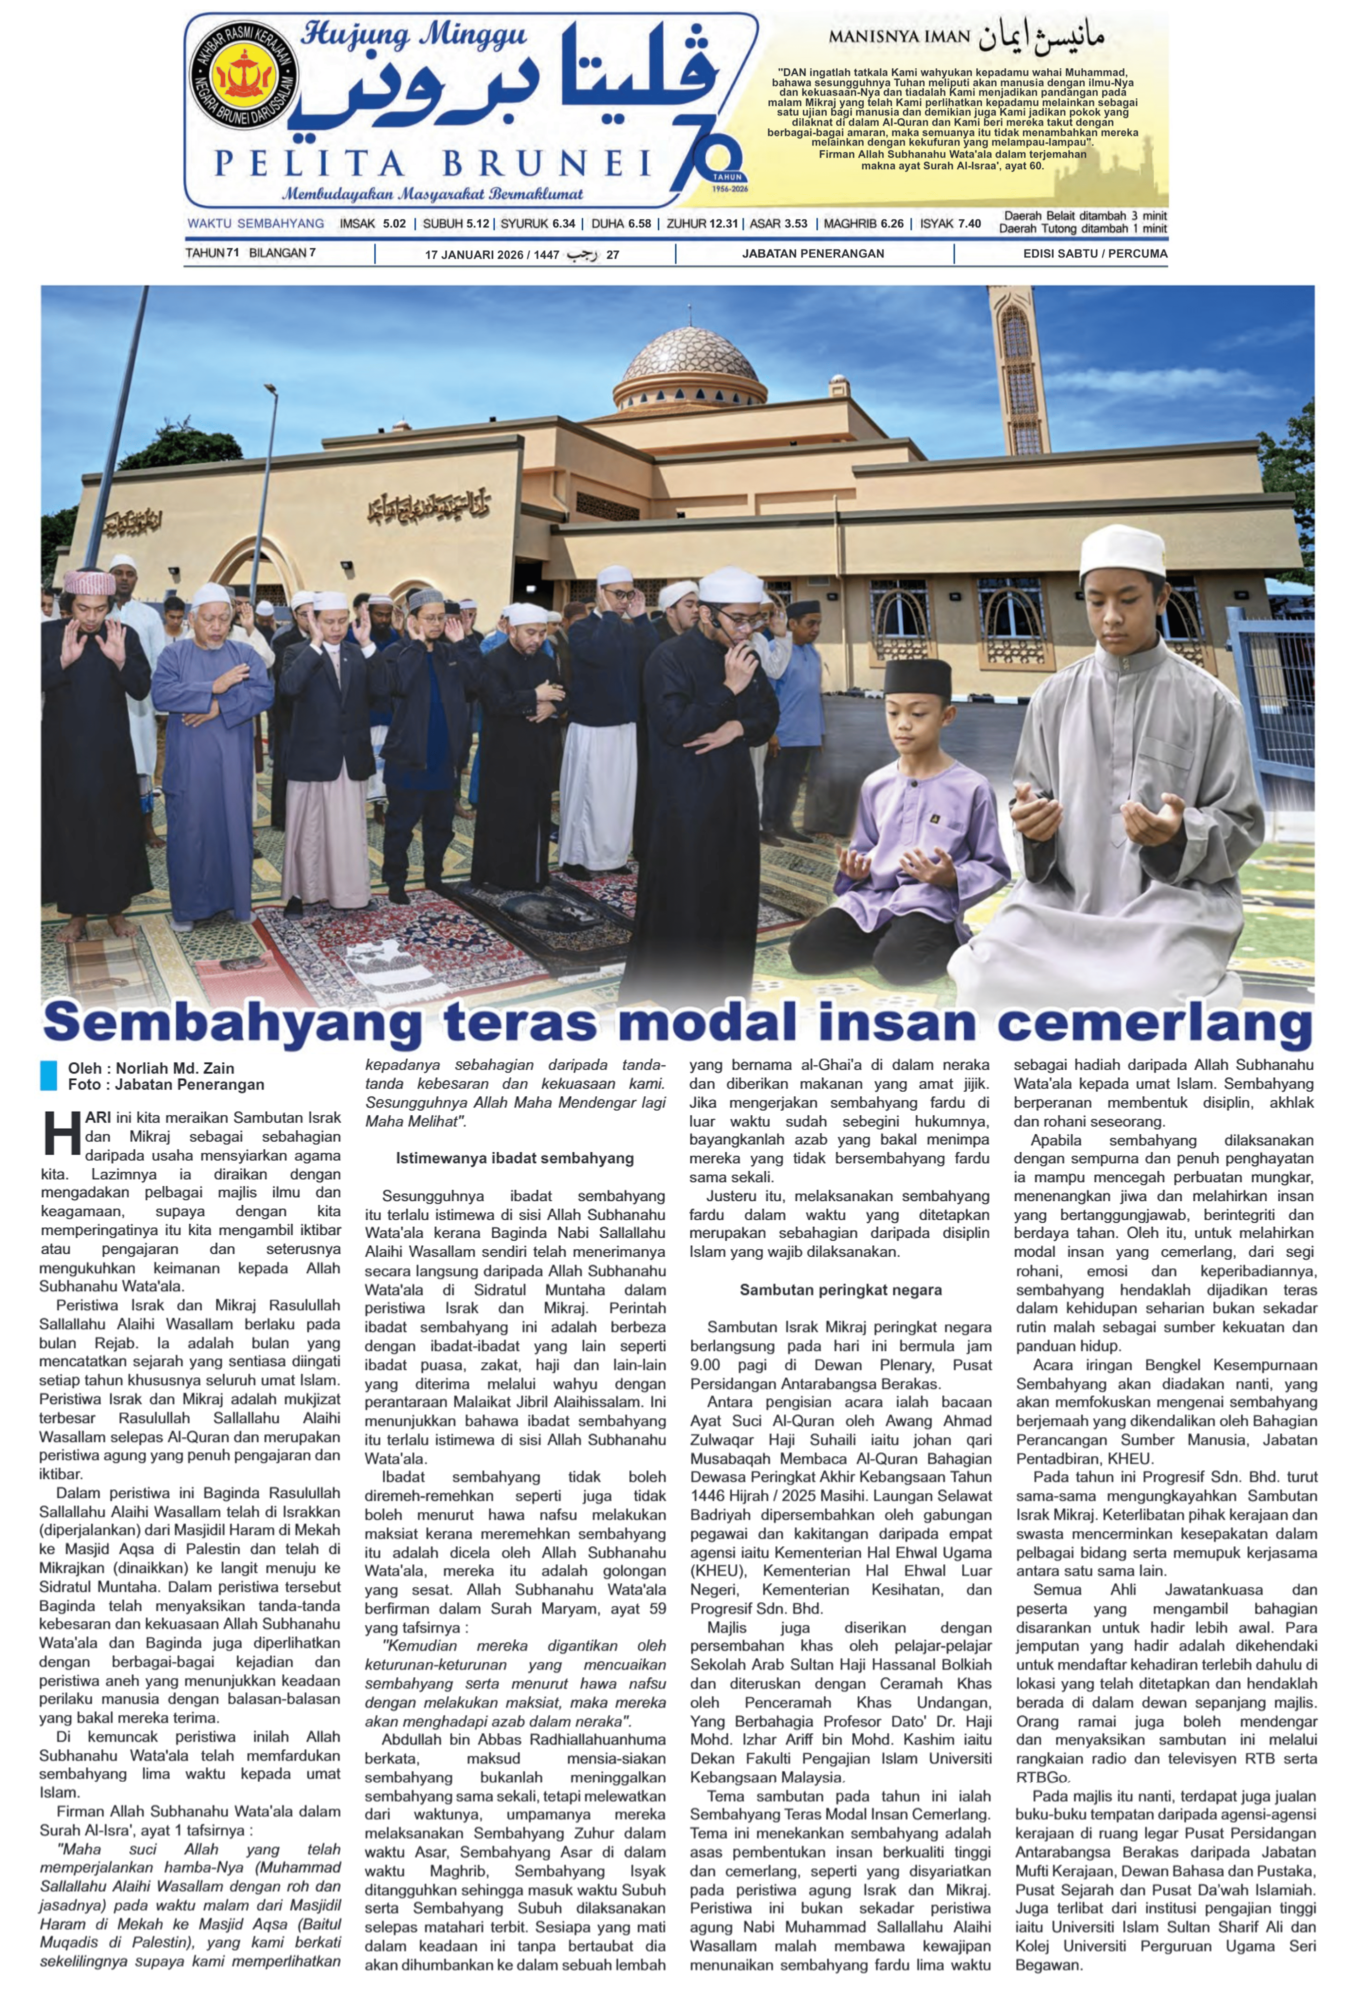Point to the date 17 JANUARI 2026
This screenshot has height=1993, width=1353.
click(x=474, y=254)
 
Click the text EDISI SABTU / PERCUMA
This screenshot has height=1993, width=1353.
click(x=1095, y=254)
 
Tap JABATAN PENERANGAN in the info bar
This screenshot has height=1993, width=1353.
click(x=813, y=254)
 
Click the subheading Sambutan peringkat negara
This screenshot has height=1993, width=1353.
click(x=840, y=1290)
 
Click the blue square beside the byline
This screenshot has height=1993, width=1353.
click(x=48, y=1076)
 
